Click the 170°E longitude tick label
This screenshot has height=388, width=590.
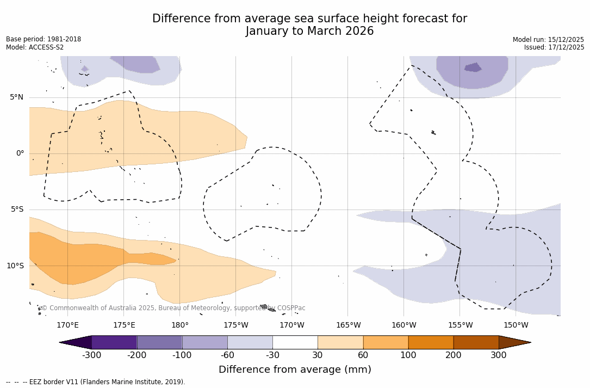67,325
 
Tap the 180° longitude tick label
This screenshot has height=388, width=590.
180,325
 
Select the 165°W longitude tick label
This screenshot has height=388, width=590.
348,325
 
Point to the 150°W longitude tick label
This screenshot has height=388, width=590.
516,325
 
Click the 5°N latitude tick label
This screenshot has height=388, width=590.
16,97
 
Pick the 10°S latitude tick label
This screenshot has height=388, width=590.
15,266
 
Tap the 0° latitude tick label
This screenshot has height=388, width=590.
20,153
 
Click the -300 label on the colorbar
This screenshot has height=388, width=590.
92,355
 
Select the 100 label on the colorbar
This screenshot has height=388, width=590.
408,355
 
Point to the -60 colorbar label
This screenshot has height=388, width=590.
227,355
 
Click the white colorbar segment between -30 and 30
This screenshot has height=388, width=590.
295,342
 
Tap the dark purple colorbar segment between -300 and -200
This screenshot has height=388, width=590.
114,342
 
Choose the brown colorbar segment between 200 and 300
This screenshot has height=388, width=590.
476,342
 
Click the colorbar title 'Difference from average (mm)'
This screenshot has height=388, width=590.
295,370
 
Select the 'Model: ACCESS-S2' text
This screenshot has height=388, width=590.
35,47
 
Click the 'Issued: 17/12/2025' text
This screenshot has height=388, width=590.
554,47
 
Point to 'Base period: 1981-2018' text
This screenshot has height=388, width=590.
44,39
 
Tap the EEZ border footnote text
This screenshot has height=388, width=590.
95,382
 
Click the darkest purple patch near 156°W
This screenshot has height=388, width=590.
473,67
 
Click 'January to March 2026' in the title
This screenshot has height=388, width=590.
309,32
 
